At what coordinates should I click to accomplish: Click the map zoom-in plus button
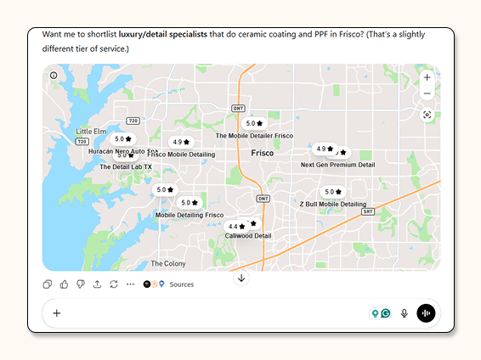427,77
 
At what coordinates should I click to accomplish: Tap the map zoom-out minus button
427,93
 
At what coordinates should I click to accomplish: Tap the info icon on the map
54,76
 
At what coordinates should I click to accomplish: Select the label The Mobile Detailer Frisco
254,136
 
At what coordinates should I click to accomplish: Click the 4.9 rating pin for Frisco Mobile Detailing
181,142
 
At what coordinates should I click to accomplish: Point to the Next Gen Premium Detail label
337,165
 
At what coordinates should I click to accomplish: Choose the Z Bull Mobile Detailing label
332,205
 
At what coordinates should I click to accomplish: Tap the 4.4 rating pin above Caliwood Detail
237,227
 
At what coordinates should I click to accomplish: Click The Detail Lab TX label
125,167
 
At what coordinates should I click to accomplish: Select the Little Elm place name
91,132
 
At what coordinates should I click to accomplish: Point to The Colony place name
167,263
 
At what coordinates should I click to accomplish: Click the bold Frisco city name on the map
262,154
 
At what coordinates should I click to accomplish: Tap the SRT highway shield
367,211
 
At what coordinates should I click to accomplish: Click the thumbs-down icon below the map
81,284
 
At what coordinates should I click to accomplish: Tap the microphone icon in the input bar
405,313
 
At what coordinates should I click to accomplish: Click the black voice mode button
426,313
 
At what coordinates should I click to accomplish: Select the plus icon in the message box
57,313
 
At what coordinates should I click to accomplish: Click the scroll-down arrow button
241,278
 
